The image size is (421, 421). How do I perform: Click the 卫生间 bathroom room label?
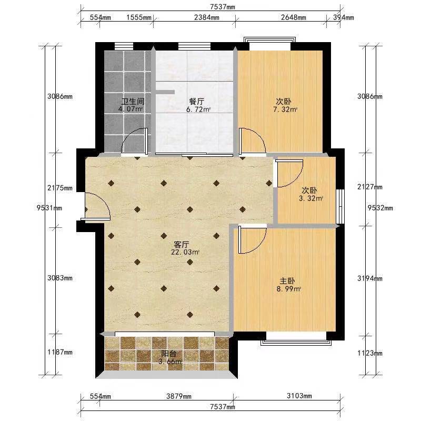[133, 102]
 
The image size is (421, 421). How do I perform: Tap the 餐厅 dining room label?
[196, 102]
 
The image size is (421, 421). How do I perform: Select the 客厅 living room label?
[182, 245]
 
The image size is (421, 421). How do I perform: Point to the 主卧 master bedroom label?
[287, 281]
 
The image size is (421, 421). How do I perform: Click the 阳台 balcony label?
[168, 354]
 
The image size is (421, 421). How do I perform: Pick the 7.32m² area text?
[285, 109]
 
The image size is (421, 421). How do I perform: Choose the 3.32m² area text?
[311, 199]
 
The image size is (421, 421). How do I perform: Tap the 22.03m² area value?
[185, 252]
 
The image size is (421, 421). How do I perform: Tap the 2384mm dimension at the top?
[206, 18]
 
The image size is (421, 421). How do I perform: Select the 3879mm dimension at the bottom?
[179, 396]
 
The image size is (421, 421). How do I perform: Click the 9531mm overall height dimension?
[49, 208]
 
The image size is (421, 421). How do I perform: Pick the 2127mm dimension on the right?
[370, 187]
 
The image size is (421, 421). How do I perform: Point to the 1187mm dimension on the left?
[60, 352]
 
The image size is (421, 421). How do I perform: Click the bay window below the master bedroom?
[296, 338]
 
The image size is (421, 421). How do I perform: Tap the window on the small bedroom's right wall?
[340, 206]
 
